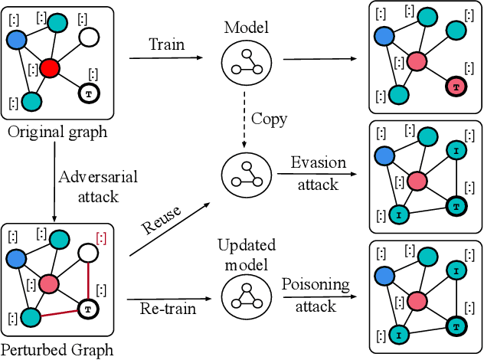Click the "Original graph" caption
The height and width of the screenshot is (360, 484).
(57, 132)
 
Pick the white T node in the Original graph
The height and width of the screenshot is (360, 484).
(90, 94)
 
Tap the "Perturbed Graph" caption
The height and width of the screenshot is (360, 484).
(57, 350)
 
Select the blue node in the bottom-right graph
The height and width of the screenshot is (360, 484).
(386, 278)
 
